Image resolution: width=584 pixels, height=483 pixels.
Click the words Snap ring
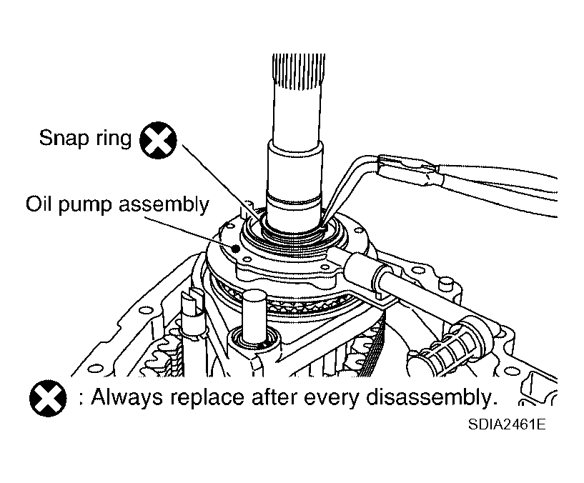(x=85, y=138)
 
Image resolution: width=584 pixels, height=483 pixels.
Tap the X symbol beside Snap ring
(x=158, y=140)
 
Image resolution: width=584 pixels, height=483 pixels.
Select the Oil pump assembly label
(x=117, y=205)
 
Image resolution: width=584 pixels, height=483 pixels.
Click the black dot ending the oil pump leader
(x=235, y=248)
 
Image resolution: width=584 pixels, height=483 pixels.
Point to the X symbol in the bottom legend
(x=48, y=398)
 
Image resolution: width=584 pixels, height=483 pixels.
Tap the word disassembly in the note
(x=432, y=397)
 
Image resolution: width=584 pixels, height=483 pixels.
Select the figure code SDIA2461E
(x=507, y=424)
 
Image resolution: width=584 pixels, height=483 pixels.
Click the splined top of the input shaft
(x=299, y=72)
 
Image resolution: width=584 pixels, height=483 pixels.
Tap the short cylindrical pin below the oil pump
(x=254, y=316)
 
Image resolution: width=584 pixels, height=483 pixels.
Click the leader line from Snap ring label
(x=222, y=181)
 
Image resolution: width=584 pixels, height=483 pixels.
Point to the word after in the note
(x=274, y=397)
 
